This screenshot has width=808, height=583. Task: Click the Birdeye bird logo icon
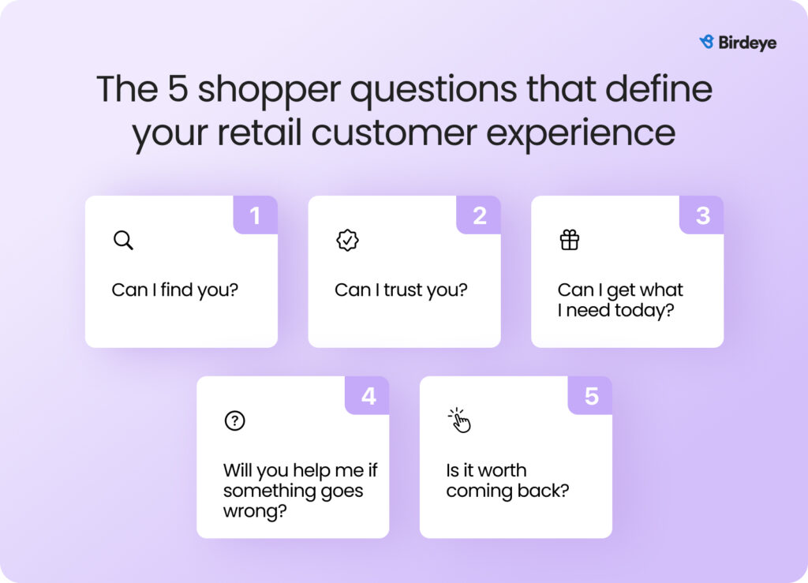(706, 42)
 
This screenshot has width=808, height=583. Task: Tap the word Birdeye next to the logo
(747, 43)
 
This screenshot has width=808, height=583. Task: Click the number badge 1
(255, 215)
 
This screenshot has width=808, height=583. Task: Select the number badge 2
(479, 215)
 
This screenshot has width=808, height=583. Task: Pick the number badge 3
(701, 215)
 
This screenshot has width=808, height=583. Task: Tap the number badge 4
(368, 395)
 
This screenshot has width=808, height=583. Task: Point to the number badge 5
(590, 395)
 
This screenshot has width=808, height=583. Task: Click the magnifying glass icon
(124, 240)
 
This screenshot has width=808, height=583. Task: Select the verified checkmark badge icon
(347, 240)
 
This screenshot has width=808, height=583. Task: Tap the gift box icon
(570, 240)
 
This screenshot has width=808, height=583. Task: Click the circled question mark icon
(235, 420)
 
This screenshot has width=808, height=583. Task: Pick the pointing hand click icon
(459, 420)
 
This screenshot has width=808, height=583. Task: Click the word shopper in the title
(270, 90)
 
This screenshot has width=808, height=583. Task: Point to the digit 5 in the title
(178, 88)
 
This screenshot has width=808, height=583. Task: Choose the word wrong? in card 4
(255, 511)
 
